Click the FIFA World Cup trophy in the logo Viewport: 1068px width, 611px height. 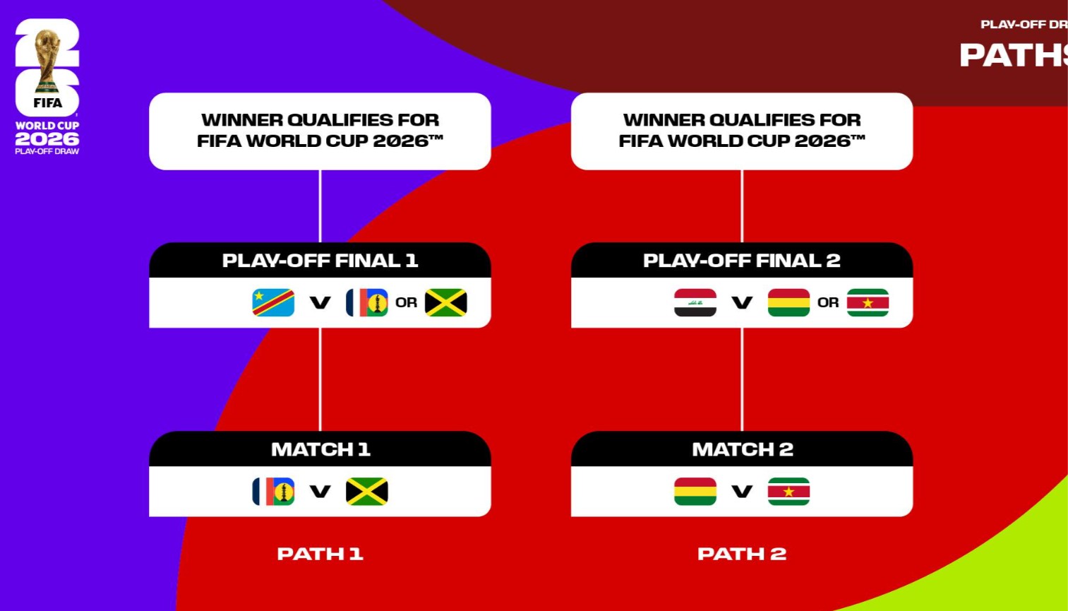pos(47,60)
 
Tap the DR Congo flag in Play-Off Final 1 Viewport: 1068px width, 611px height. pos(273,302)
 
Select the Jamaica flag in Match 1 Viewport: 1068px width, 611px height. pos(367,492)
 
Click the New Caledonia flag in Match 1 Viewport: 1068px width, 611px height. pos(273,492)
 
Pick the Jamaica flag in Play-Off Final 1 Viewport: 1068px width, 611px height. pos(446,302)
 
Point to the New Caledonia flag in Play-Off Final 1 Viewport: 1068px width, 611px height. pos(367,302)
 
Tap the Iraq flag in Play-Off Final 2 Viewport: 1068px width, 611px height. pos(695,302)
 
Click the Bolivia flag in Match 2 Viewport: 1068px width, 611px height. pos(695,492)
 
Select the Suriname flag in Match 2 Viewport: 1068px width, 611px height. pos(789,492)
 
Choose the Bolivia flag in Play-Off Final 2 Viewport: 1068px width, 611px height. pos(789,302)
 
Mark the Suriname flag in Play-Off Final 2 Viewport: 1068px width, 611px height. pos(868,302)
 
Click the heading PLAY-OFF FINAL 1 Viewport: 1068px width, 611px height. pos(320,261)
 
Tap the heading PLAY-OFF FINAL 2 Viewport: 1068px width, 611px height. pos(742,261)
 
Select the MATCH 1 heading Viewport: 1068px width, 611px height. pos(320,449)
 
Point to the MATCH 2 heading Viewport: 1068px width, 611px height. pos(743,449)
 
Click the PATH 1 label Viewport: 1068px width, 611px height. pos(320,554)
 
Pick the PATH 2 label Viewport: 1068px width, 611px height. pos(742,554)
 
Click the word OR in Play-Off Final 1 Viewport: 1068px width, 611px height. pos(406,303)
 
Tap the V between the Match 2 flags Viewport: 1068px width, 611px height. pos(742,492)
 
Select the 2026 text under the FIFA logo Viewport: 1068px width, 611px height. pos(47,139)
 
